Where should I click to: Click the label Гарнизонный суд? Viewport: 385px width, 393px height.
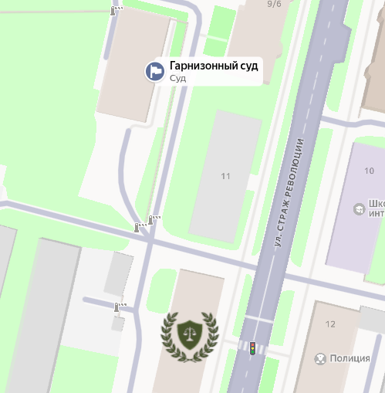[214, 66]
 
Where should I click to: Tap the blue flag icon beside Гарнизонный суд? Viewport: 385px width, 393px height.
[155, 71]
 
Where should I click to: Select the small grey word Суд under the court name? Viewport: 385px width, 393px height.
[177, 78]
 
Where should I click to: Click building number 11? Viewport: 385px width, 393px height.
[225, 176]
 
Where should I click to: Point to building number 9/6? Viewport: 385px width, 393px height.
[274, 4]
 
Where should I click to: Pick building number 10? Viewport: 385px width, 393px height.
[369, 170]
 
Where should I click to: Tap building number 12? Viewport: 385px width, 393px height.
[330, 324]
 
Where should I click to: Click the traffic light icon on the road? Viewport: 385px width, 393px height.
[252, 348]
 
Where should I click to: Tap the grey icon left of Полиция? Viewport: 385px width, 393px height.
[320, 358]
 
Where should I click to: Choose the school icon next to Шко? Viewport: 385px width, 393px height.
[358, 208]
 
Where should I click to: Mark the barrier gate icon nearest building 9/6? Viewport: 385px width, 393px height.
[117, 10]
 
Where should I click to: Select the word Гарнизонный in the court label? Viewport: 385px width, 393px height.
[202, 66]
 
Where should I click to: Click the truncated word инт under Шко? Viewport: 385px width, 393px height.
[377, 214]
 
